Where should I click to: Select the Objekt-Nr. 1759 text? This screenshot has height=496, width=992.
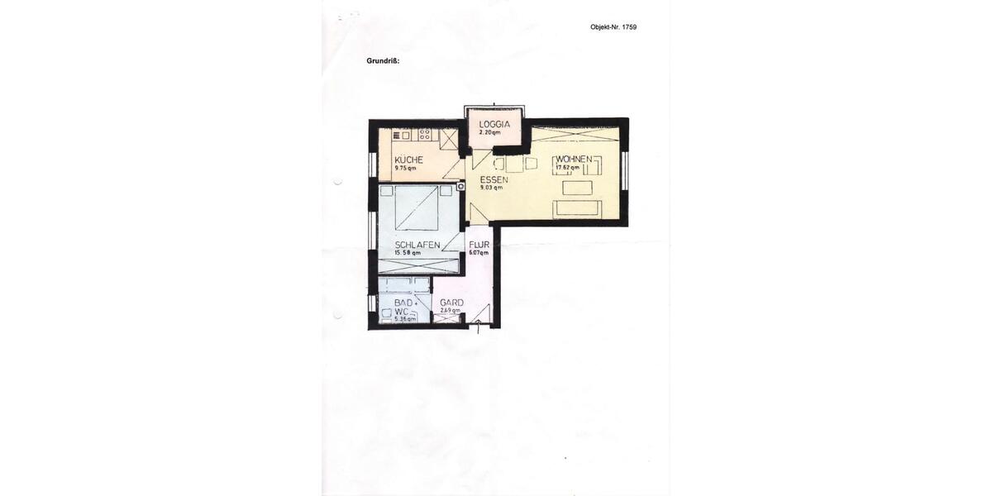point(613,27)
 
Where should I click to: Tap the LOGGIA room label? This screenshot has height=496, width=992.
point(495,125)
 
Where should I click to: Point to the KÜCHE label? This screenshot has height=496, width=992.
point(409,160)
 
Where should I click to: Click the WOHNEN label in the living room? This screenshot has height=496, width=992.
point(573,159)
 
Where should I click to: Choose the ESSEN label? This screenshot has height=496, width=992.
point(494,179)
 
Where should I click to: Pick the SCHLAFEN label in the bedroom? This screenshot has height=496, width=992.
point(417,245)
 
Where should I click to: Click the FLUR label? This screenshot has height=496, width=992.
point(479,246)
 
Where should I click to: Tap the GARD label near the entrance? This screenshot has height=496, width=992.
point(451,303)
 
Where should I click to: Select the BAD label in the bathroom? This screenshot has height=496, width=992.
point(403,303)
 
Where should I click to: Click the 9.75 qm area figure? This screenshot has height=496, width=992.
point(406,168)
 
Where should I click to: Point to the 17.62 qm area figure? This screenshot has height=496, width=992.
point(568,168)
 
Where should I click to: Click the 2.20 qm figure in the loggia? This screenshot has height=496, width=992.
point(490,132)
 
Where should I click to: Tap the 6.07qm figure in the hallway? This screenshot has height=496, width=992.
point(479,253)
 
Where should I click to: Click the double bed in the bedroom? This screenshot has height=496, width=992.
point(417,207)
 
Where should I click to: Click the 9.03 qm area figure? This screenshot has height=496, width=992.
point(491,188)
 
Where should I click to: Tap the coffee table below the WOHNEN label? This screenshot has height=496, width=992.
point(577,188)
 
